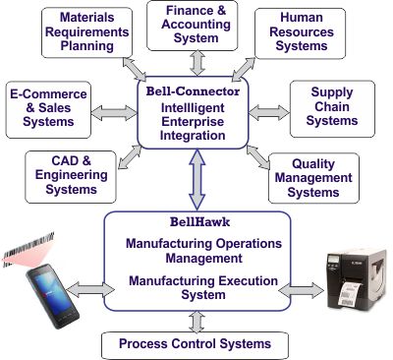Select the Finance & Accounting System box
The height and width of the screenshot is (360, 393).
pyautogui.click(x=196, y=26)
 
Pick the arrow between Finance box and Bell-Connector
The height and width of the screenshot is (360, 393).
pyautogui.click(x=196, y=61)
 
